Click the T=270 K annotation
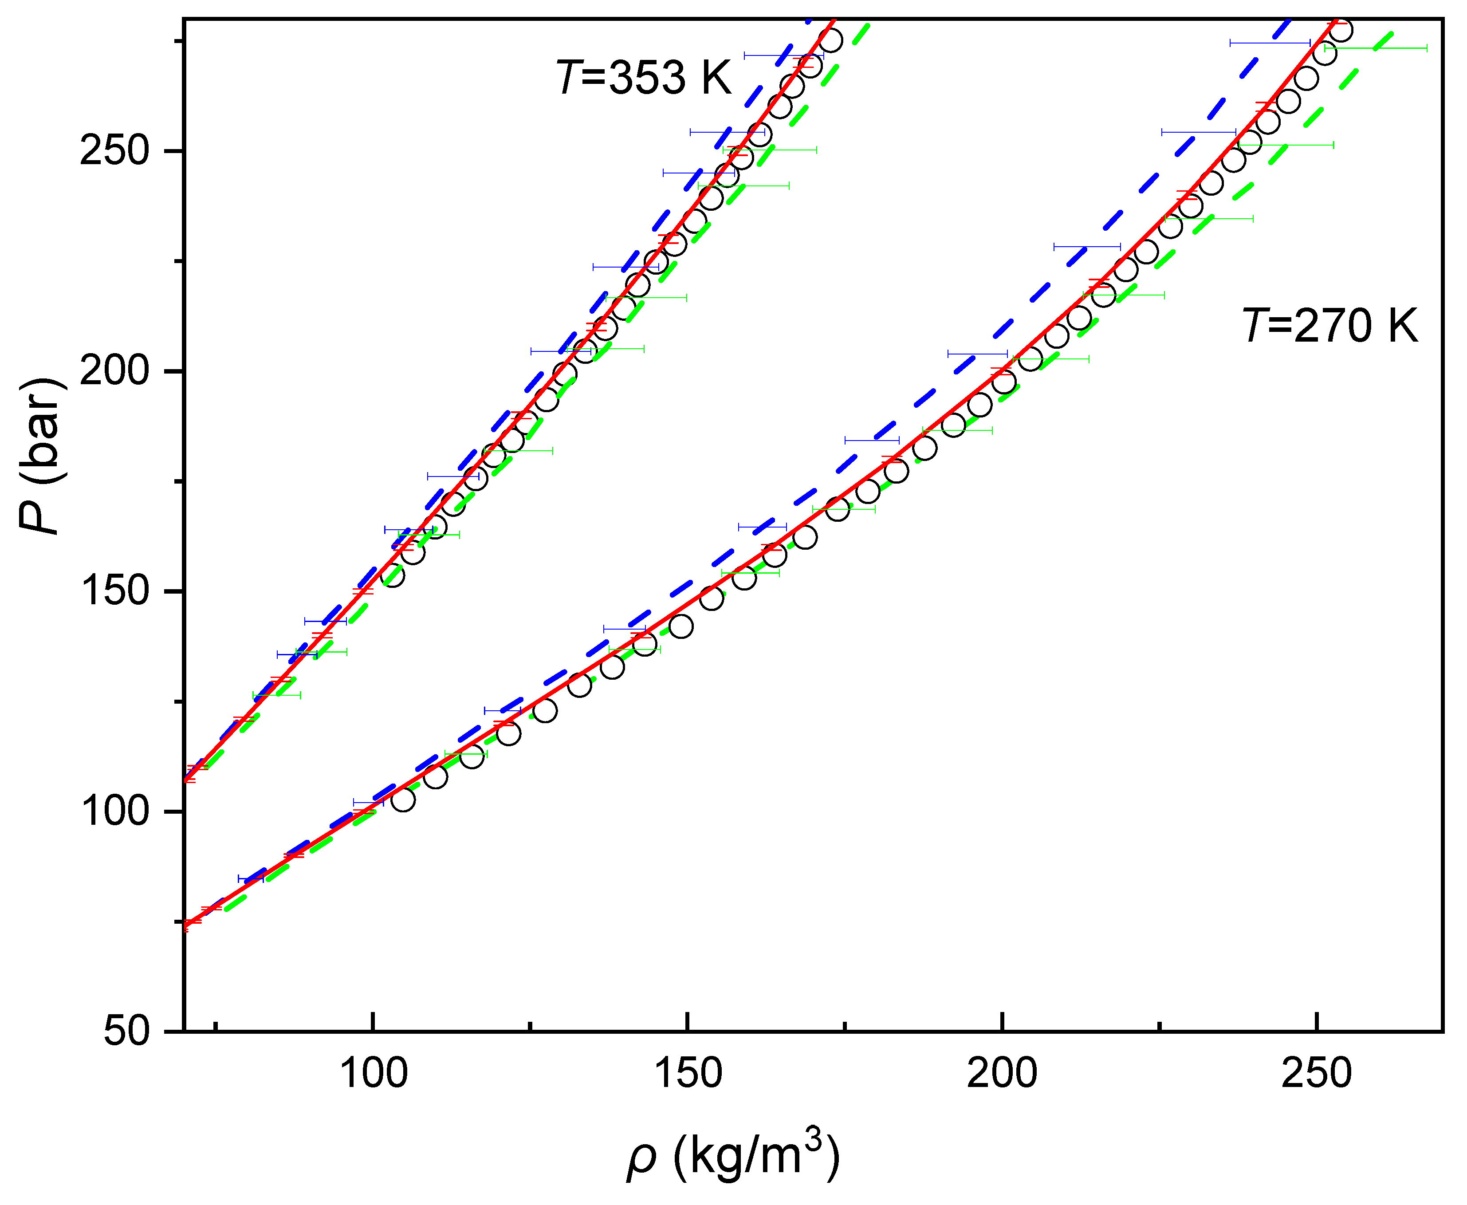click(1329, 326)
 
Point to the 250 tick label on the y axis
click(114, 150)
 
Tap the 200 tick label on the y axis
click(114, 370)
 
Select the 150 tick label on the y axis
click(114, 591)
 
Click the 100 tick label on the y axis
click(114, 811)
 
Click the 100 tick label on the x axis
click(374, 1074)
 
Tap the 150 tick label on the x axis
click(688, 1074)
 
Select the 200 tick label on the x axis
click(1001, 1074)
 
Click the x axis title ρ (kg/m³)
click(732, 1156)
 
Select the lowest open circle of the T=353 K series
click(392, 575)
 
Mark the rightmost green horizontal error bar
click(1376, 48)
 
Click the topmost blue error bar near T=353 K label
click(783, 55)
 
